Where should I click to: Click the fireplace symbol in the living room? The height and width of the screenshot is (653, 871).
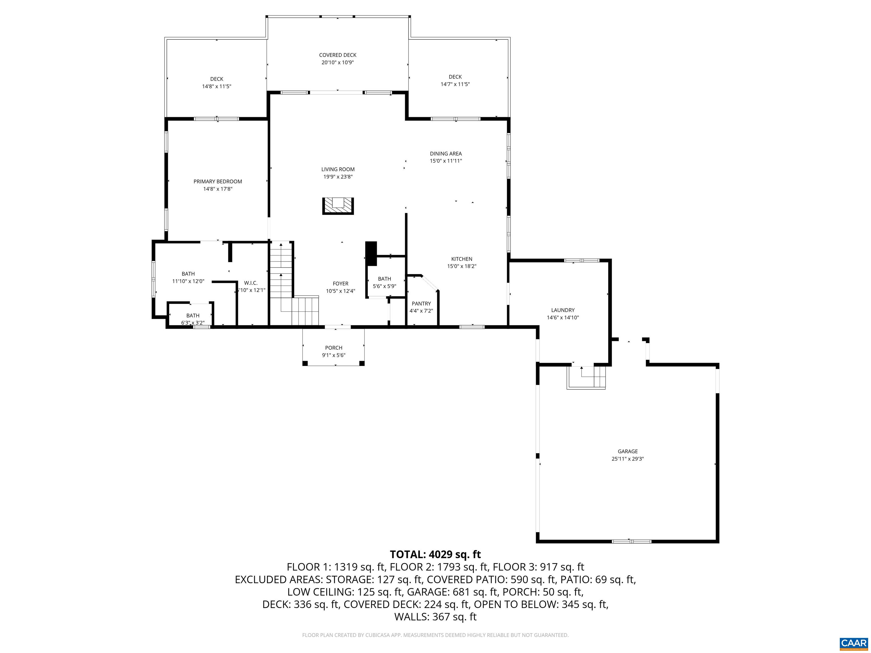coord(338,206)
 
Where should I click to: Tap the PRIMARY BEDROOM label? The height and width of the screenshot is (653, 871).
coord(217,181)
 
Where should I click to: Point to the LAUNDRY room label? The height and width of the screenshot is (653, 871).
coord(563,310)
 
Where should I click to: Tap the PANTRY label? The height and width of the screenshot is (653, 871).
coord(421,304)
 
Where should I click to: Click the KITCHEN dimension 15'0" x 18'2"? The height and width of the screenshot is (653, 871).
coord(462,266)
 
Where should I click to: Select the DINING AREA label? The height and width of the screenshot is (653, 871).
coord(446,154)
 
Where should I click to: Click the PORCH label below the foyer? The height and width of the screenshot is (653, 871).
coord(333,347)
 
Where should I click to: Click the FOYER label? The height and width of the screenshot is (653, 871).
coord(340,283)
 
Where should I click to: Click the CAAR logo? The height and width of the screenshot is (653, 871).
coord(853,643)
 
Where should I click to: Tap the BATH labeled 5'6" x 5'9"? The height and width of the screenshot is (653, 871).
coord(384,279)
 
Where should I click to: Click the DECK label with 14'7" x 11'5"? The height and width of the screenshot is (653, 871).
coord(455,77)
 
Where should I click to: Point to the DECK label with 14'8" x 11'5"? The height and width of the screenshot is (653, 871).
coord(217,79)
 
